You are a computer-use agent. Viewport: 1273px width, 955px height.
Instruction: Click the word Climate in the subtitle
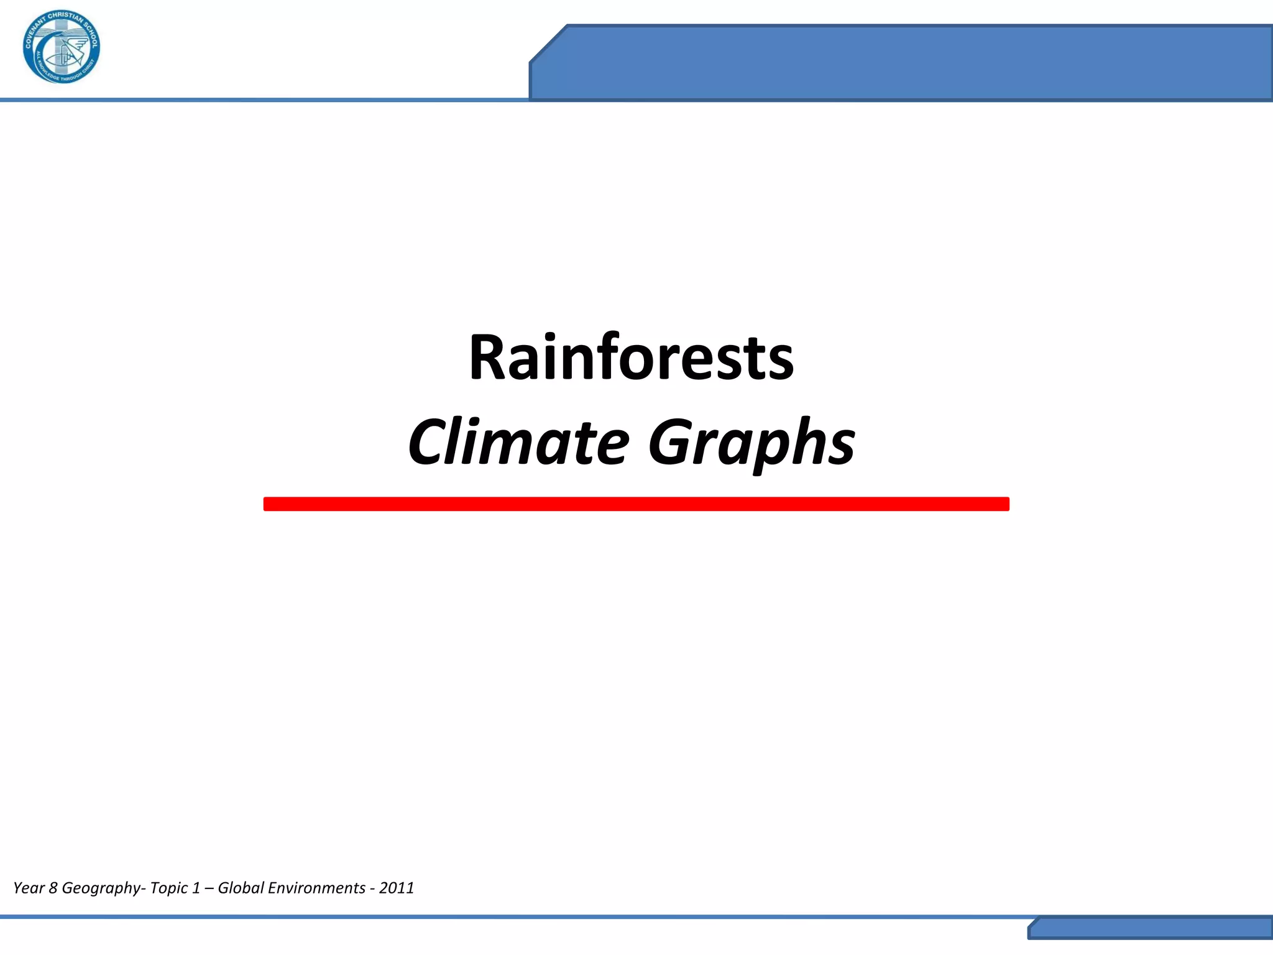(x=518, y=442)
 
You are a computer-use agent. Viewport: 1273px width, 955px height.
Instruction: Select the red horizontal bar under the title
(x=636, y=504)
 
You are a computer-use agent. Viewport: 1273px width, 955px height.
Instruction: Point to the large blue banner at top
(x=901, y=62)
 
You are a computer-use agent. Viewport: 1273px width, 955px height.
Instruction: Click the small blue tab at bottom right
(x=1150, y=928)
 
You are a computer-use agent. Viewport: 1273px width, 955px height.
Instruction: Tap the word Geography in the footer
(x=101, y=888)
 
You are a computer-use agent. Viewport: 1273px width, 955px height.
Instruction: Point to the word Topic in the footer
(x=169, y=888)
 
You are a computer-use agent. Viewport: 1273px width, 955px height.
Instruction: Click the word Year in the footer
(x=29, y=888)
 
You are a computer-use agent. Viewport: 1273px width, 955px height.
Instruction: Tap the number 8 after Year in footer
(x=53, y=888)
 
